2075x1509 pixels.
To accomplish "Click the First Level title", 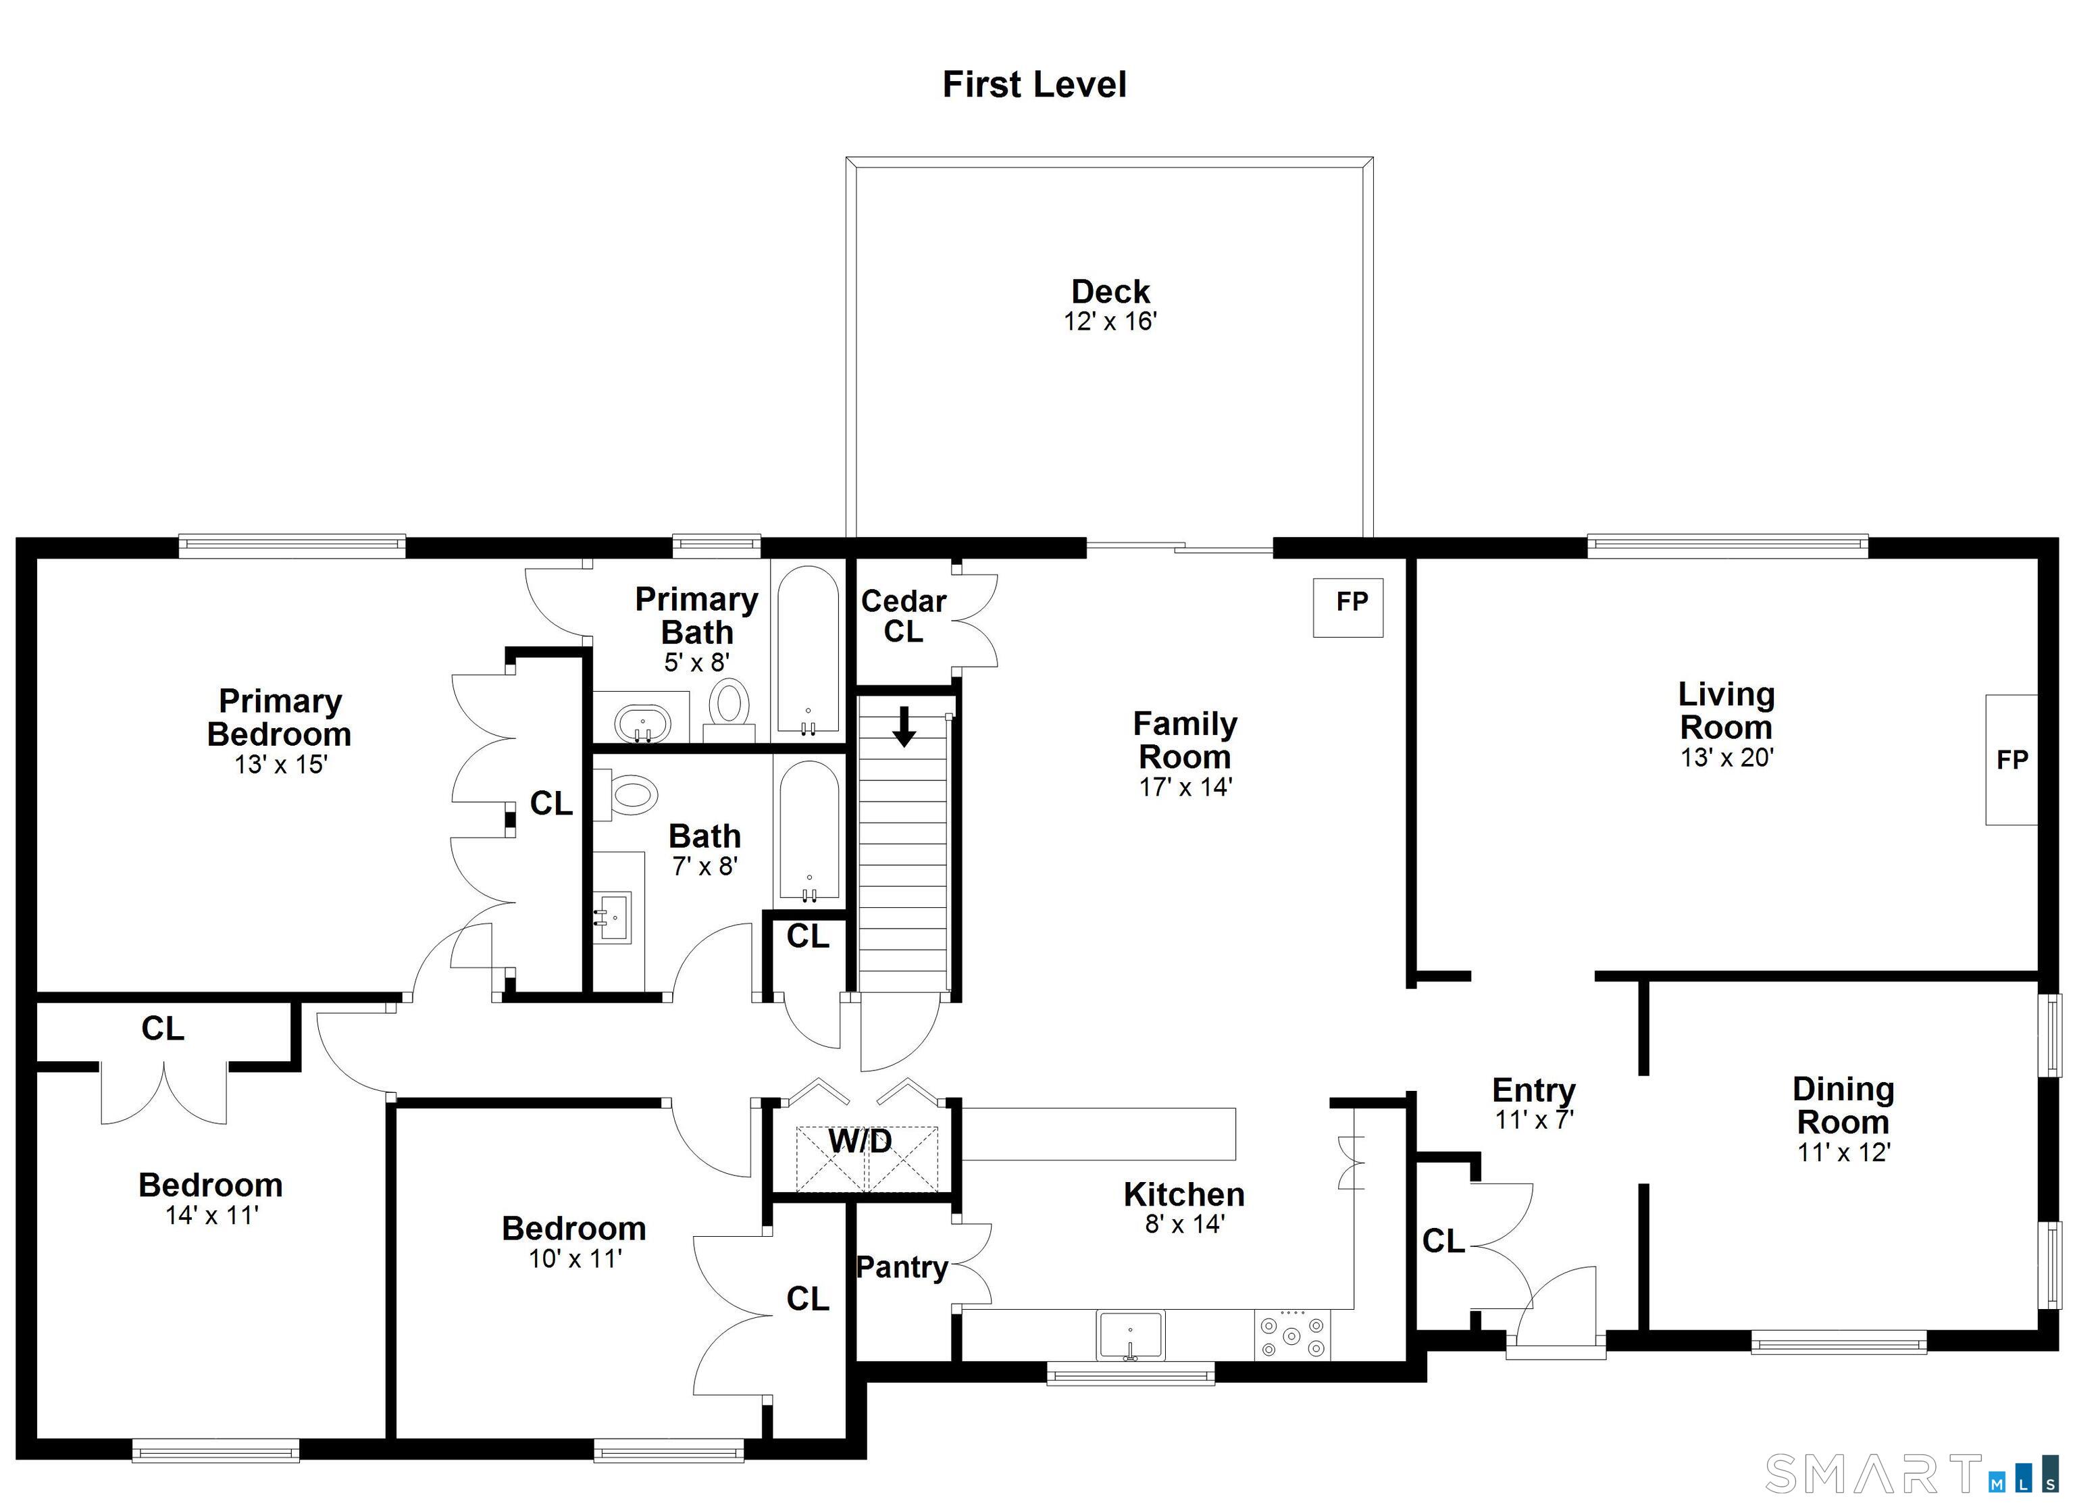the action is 1034,85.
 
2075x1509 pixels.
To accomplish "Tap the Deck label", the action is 1110,292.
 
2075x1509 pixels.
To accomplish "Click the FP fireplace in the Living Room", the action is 2011,759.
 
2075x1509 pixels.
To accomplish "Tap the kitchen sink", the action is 1131,1336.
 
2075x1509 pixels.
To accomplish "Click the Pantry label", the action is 902,1267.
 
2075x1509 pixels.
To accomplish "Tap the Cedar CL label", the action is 903,616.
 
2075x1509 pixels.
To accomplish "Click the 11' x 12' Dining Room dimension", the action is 1843,1152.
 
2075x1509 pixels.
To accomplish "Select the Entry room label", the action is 1533,1090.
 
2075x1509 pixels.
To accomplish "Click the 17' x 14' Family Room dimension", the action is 1185,787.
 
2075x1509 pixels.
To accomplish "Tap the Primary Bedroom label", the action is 279,717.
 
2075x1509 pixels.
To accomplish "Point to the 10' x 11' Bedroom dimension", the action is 575,1258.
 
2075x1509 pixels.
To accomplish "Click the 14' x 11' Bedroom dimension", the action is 211,1215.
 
